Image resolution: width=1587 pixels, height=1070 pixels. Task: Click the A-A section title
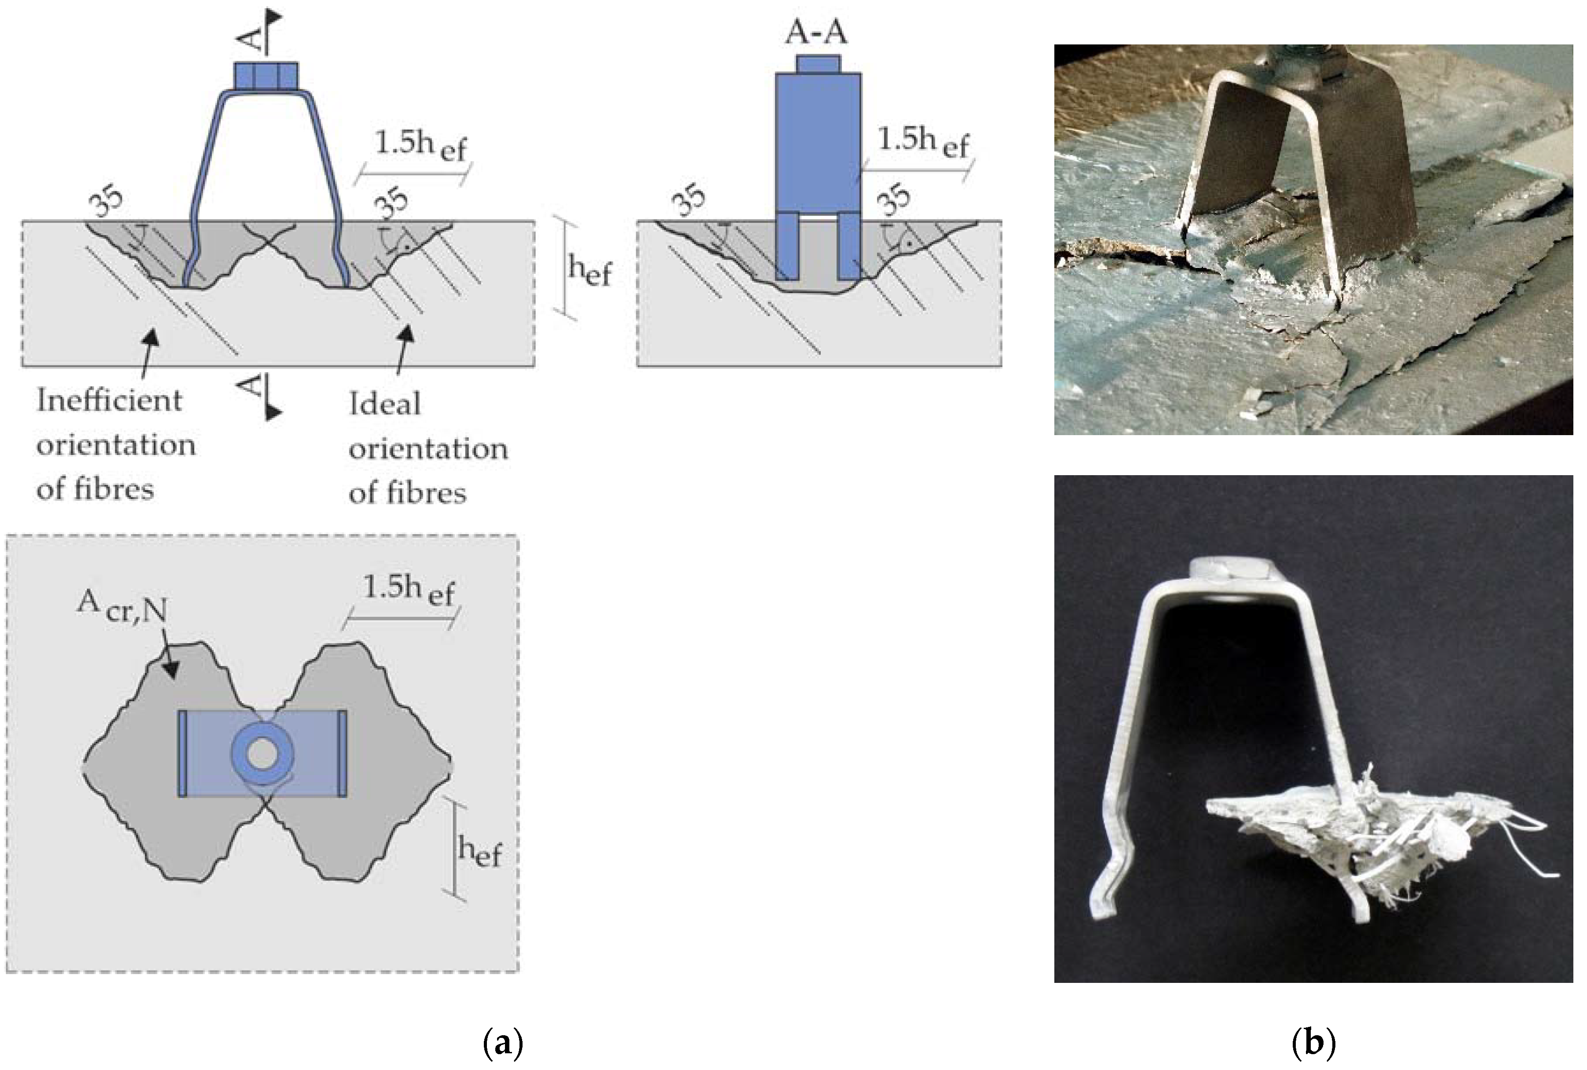[816, 32]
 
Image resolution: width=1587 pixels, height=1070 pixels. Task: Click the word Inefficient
[109, 400]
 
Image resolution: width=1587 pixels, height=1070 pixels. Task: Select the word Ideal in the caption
[385, 404]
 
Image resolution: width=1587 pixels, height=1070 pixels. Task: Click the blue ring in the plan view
[262, 754]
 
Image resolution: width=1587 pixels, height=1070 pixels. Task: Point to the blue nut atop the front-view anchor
[265, 75]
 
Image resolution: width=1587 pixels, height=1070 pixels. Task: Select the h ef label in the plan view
[479, 852]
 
